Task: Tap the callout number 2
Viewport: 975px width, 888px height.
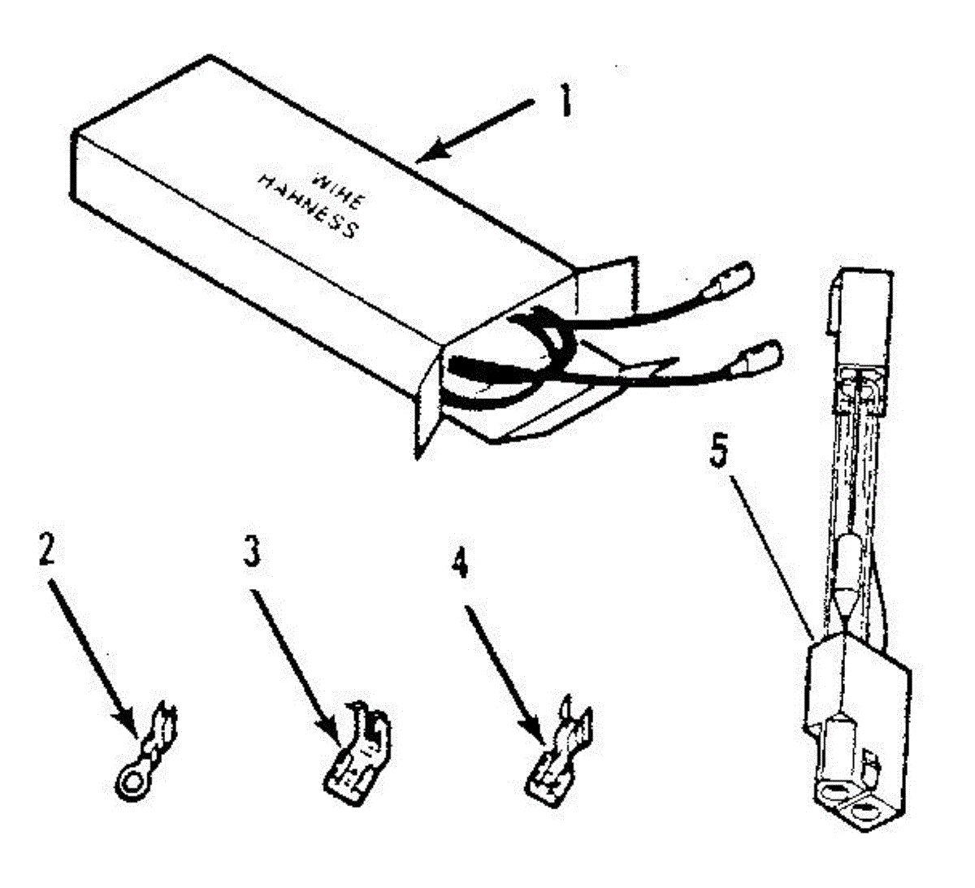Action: [x=45, y=549]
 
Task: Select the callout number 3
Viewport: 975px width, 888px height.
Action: [x=252, y=551]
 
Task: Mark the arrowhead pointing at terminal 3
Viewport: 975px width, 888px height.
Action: [x=332, y=727]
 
